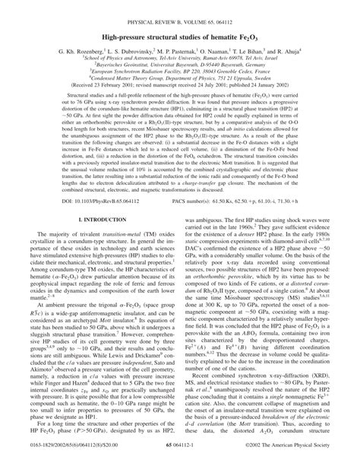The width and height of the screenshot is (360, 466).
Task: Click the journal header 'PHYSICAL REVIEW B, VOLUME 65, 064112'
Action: coord(180,7)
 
